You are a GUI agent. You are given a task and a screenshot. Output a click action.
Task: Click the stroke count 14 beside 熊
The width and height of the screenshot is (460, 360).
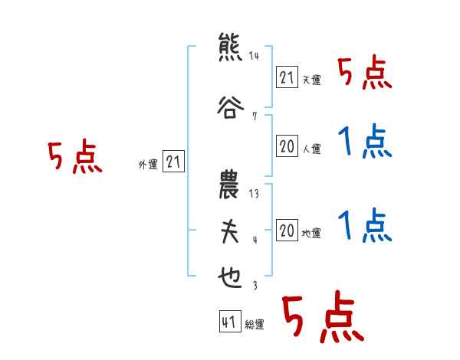tap(254, 56)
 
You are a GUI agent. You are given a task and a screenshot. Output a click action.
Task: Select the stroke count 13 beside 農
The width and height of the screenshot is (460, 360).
tap(254, 194)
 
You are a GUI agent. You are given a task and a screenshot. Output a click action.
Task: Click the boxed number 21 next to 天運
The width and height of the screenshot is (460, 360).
tap(287, 77)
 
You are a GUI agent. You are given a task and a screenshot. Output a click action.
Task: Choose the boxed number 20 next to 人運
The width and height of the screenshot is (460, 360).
tap(287, 147)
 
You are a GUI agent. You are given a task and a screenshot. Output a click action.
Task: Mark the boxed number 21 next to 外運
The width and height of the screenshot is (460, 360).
tap(173, 162)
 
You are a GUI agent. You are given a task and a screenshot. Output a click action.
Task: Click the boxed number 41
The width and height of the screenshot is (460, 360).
tap(228, 322)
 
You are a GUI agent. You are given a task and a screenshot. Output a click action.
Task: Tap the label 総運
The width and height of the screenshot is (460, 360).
tap(255, 325)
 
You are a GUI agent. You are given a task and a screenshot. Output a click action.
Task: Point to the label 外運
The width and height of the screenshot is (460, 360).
tap(147, 164)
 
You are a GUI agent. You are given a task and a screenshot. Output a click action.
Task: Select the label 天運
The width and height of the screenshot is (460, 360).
tap(311, 80)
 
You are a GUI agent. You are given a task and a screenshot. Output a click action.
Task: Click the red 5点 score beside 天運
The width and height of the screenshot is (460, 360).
tap(365, 74)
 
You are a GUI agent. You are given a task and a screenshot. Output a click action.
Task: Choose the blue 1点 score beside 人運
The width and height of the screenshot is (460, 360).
tap(365, 143)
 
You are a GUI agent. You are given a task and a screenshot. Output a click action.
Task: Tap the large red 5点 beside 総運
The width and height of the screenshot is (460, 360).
tap(321, 317)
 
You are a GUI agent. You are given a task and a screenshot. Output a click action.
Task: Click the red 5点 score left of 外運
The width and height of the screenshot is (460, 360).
tap(74, 159)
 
